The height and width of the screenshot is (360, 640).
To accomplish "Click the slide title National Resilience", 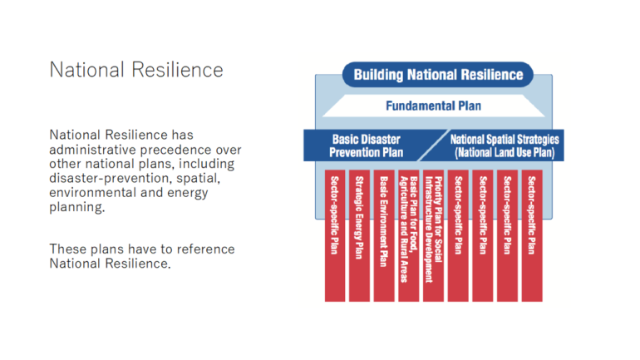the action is click(x=136, y=70).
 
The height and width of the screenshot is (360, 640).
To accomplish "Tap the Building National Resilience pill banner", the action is click(x=438, y=75).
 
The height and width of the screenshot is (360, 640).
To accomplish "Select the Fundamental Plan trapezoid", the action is click(x=434, y=106).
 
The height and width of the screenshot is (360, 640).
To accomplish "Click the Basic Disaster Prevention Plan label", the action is click(x=366, y=145).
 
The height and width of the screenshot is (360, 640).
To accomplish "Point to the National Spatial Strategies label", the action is click(x=505, y=140).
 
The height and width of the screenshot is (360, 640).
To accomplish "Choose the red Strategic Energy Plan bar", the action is click(x=359, y=235).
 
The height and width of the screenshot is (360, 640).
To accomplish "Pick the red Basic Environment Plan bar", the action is click(x=384, y=235).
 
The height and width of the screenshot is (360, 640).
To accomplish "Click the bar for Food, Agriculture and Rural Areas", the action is click(x=409, y=235).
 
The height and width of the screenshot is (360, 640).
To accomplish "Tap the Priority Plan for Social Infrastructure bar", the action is click(x=434, y=235).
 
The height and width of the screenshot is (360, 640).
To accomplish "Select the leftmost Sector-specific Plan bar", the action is click(x=335, y=235).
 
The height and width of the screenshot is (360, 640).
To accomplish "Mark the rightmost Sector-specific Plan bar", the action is click(x=532, y=235).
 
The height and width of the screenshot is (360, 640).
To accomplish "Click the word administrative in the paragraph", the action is click(x=93, y=150).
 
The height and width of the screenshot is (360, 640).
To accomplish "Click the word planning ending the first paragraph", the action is click(x=76, y=208).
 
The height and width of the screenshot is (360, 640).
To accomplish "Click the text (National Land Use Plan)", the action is click(x=505, y=153).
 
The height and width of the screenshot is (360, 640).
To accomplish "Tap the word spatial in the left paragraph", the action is click(x=199, y=180).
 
